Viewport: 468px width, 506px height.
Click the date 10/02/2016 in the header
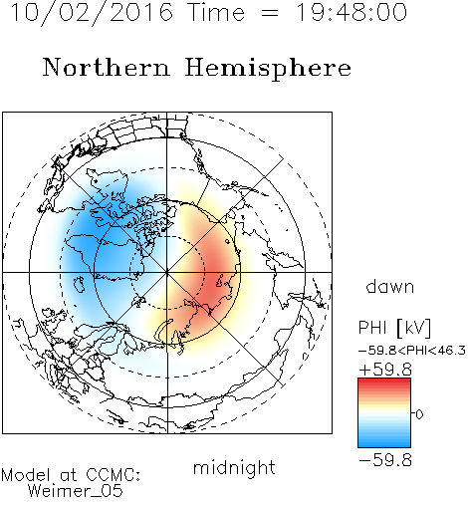[92, 12]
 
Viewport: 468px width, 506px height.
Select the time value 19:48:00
[351, 12]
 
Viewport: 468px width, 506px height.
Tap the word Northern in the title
[107, 67]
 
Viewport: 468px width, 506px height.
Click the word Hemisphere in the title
[268, 69]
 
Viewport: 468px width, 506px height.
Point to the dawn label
[390, 287]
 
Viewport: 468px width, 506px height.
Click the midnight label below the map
[234, 468]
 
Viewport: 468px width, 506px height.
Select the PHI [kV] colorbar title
[394, 328]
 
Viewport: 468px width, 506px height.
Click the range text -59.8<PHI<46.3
[412, 351]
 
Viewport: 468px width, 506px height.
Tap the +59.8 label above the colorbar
[385, 370]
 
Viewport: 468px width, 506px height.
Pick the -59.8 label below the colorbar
[385, 460]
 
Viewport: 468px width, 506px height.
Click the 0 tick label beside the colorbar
[419, 414]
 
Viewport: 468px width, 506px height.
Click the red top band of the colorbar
[384, 381]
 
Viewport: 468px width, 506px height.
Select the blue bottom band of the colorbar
[384, 444]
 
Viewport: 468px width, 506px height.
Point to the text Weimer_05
[76, 491]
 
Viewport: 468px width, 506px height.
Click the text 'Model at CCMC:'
[71, 475]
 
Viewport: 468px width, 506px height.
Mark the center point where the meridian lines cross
[167, 273]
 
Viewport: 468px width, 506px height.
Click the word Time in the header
[216, 12]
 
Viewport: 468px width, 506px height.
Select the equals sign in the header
[270, 13]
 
